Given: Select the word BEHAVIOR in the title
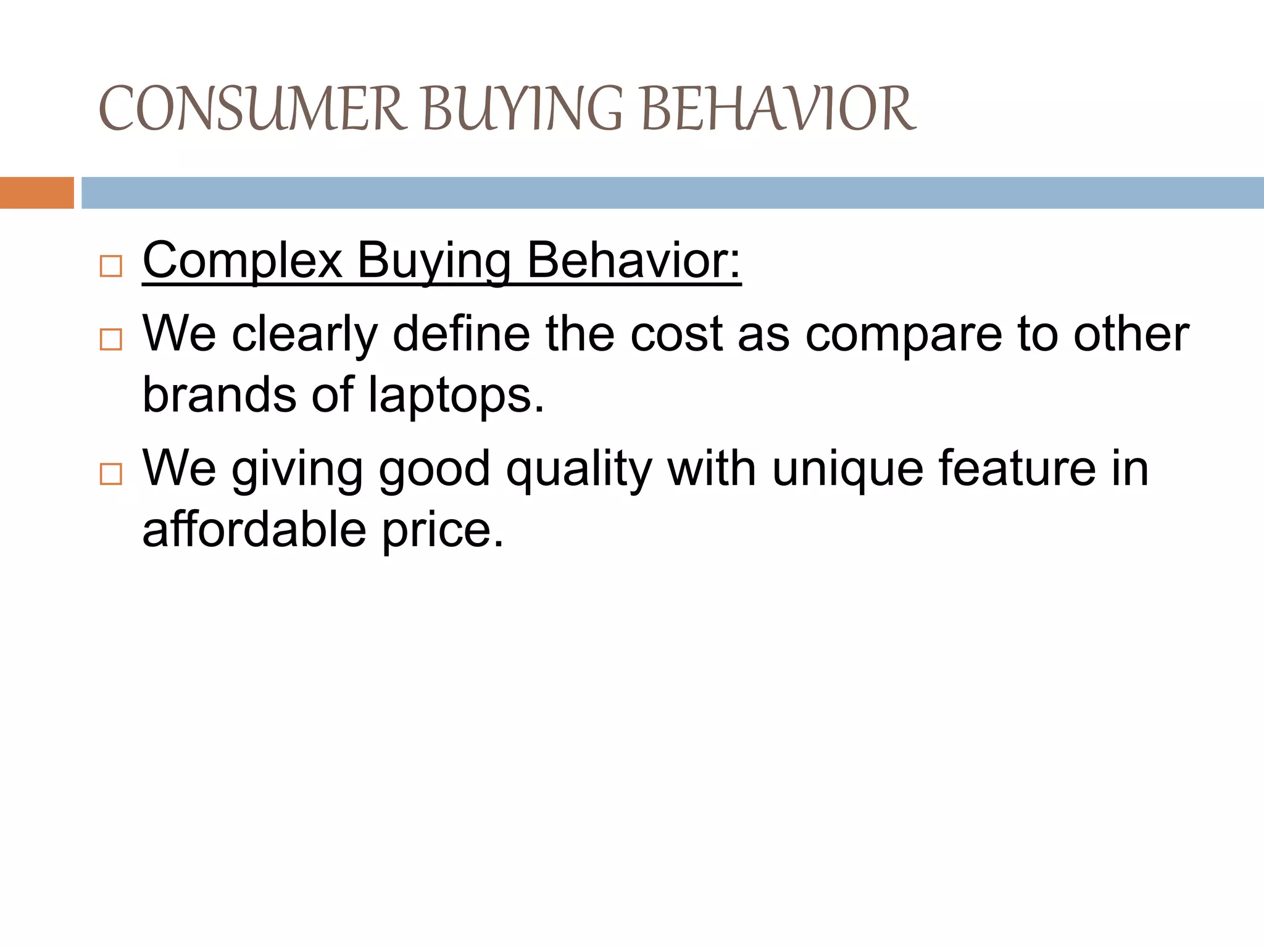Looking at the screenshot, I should point(779,109).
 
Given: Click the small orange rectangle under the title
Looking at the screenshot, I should point(36,193).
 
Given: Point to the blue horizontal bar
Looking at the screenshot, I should point(672,193).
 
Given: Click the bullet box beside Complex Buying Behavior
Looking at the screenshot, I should point(110,267).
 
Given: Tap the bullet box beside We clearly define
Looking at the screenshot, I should point(110,339).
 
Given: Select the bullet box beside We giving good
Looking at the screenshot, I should point(110,474).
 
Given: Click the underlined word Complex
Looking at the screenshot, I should point(243,262).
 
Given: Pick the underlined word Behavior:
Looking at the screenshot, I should point(633,260).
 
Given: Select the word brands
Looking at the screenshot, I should point(218,395).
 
